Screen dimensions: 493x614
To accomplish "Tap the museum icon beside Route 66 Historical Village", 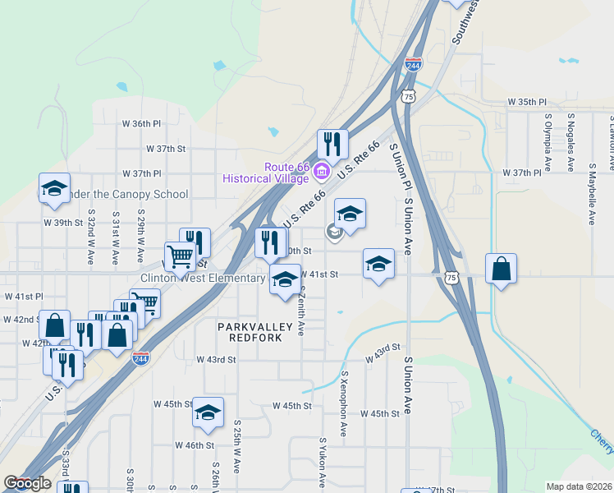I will [322, 172].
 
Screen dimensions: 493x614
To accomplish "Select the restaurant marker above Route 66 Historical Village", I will [332, 145].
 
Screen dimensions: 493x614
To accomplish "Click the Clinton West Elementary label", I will [203, 279].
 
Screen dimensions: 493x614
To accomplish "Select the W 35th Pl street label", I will [526, 102].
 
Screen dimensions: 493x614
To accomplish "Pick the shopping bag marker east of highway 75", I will [501, 269].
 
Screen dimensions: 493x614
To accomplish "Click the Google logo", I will [27, 483].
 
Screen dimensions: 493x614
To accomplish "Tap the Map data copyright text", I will [579, 486].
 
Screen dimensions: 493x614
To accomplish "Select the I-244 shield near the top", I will [413, 63].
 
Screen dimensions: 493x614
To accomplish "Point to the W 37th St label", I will [166, 149].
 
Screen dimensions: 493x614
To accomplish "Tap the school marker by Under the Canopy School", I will [54, 188].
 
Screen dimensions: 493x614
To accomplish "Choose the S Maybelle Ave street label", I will [592, 194].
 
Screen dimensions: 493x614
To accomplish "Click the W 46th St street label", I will [195, 445].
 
